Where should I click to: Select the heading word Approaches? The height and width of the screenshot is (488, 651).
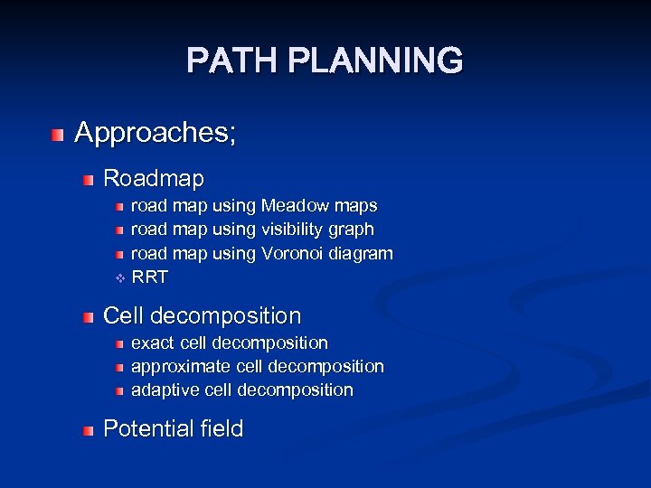(x=156, y=133)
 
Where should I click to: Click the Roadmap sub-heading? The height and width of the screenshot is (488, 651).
(x=154, y=178)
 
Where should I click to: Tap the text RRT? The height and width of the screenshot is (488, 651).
(x=150, y=277)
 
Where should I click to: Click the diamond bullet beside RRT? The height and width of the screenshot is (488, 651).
(x=118, y=277)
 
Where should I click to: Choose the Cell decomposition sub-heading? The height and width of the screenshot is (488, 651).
(x=203, y=316)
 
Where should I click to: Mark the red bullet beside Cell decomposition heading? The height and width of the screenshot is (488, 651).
(x=87, y=318)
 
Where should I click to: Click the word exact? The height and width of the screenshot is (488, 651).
(x=154, y=343)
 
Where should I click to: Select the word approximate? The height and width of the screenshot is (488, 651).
(x=181, y=367)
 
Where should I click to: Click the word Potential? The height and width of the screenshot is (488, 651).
(x=145, y=428)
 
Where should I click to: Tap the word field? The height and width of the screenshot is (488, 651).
(x=220, y=428)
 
